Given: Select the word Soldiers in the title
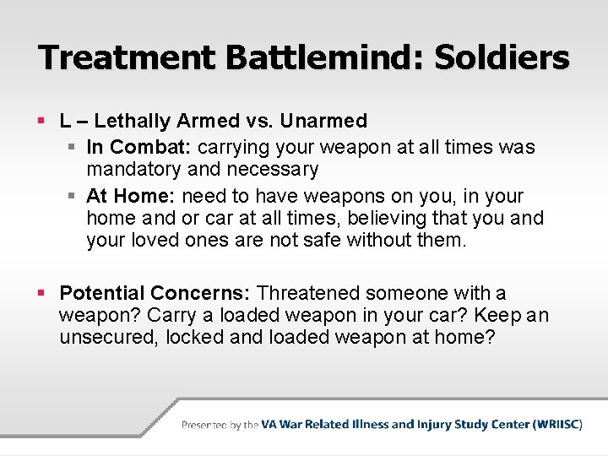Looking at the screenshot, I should (x=503, y=58).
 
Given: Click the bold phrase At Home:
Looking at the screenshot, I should (x=131, y=196).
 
